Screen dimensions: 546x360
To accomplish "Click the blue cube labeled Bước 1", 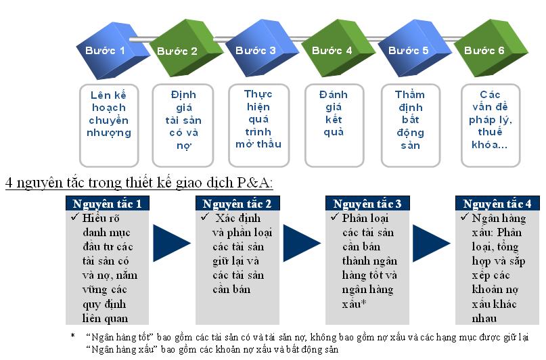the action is [111, 51].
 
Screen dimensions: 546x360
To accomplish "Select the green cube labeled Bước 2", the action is [185, 49].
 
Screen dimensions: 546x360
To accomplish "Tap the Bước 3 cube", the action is [262, 49].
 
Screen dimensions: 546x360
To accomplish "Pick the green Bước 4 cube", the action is [338, 49].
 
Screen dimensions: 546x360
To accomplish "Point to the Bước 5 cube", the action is [414, 49].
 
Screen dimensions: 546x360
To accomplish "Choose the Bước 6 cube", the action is [491, 49].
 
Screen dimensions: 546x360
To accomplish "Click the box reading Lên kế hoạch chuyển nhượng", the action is [109, 125].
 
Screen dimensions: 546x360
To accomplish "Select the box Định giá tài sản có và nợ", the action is [183, 125].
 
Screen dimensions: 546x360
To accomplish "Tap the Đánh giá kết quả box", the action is [334, 125].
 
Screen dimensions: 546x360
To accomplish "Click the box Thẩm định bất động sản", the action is [411, 125].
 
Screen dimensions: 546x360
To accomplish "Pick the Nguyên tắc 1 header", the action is [108, 203].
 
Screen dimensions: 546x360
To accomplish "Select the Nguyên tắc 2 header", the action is [237, 203].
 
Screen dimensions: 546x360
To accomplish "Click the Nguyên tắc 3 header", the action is [367, 203].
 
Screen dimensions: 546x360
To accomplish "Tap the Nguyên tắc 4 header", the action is [497, 203].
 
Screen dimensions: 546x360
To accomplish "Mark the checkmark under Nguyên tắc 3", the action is [335, 217].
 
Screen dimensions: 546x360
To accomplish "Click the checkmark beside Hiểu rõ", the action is [75, 217].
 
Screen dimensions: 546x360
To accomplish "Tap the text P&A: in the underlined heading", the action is [255, 183].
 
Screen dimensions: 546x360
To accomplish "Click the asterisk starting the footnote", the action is [73, 336].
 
